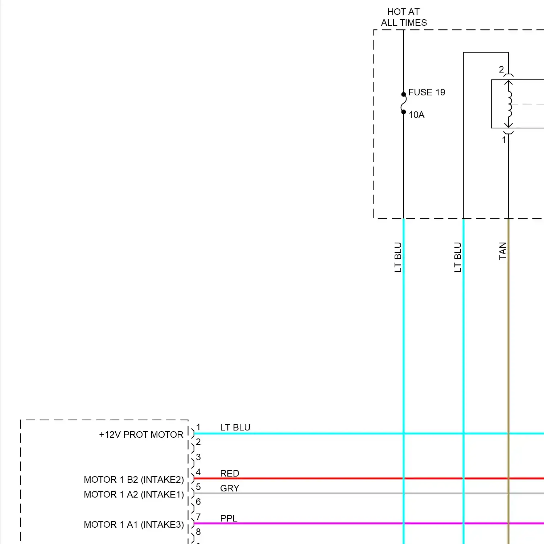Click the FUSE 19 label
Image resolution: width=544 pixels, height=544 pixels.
coord(426,92)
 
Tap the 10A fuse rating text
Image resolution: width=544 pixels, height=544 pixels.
coord(416,115)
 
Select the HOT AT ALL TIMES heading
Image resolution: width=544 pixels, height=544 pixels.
coord(404,17)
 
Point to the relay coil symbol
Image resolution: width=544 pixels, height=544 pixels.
coord(510,104)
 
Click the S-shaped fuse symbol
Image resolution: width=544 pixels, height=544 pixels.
coord(403,103)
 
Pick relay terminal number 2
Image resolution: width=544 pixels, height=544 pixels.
coord(501,69)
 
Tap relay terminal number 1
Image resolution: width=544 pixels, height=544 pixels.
coord(504,140)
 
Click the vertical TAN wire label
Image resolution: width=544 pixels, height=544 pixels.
coord(503,251)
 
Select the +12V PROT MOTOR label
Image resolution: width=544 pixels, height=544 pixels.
coord(141,434)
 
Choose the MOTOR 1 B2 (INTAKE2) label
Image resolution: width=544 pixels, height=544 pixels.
coord(134,479)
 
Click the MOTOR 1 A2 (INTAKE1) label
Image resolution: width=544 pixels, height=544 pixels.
coord(134,494)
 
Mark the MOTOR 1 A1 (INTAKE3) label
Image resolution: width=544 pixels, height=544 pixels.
coord(134,524)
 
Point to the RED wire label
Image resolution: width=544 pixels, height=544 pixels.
coord(230,473)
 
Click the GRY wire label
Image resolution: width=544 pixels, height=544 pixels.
coord(230,488)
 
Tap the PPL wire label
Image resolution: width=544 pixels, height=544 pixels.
coord(228,518)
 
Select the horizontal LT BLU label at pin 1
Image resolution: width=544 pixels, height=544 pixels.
coord(235,427)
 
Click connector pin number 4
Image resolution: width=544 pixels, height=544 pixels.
coord(198,472)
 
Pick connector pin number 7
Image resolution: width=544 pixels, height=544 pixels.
coord(198,517)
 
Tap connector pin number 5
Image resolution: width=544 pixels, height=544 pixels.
coord(198,487)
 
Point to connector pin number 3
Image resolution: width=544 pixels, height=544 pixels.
coord(198,457)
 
